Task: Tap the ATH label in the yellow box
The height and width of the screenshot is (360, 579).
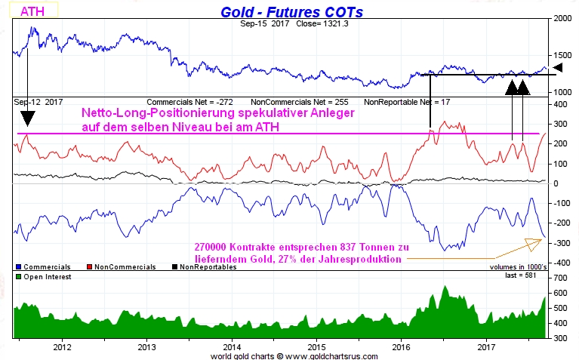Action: point(31,11)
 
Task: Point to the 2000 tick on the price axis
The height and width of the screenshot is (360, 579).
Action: point(563,19)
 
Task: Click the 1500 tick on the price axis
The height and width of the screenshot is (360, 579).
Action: point(563,55)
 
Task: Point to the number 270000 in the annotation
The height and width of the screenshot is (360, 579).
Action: point(217,247)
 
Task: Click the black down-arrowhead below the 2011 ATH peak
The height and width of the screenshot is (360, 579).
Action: point(26,118)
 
